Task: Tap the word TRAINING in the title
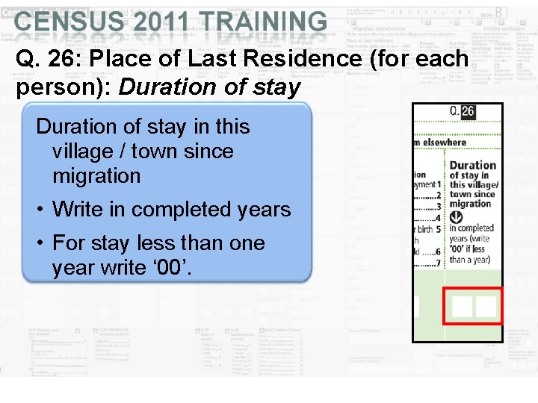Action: pyautogui.click(x=267, y=22)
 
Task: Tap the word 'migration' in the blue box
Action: pyautogui.click(x=96, y=176)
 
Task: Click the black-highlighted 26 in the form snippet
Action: pyautogui.click(x=468, y=112)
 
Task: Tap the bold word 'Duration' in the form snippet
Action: pyautogui.click(x=472, y=166)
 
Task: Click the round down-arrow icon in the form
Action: pyautogui.click(x=457, y=217)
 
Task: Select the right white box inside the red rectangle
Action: pyautogui.click(x=486, y=306)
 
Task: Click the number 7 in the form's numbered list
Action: pyautogui.click(x=440, y=263)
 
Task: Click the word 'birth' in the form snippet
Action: pyautogui.click(x=424, y=229)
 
